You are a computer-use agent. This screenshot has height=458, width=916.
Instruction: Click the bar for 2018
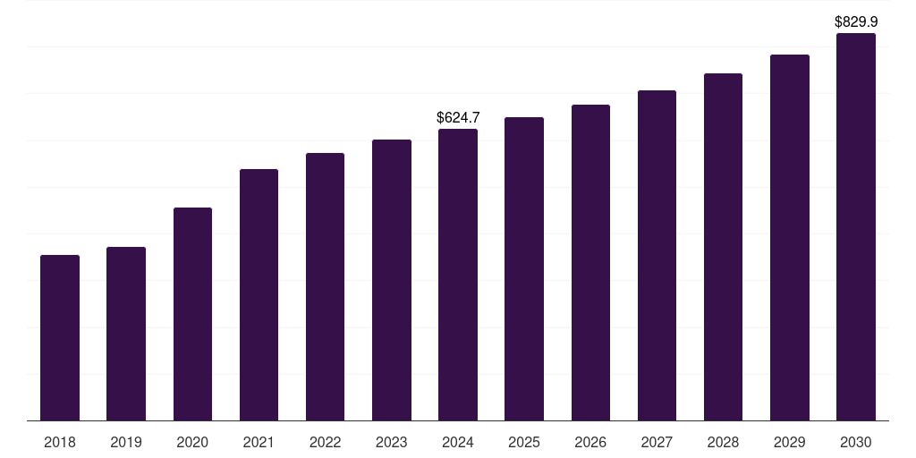tap(60, 338)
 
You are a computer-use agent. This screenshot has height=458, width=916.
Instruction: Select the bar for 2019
tap(126, 334)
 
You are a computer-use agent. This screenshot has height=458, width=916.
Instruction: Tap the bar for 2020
tap(192, 314)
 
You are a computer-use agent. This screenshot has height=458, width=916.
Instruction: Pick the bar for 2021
tap(259, 295)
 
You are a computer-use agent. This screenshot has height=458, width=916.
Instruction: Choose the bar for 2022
tap(325, 287)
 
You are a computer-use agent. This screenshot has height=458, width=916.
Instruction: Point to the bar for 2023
tap(392, 280)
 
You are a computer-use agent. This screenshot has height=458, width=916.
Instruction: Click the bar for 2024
tap(458, 275)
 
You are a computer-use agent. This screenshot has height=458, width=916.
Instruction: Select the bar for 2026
tap(590, 263)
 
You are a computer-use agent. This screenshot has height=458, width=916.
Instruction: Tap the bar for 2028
tap(723, 247)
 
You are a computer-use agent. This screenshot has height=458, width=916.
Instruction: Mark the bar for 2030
tap(856, 227)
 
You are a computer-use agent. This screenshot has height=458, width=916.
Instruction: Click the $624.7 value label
tap(458, 117)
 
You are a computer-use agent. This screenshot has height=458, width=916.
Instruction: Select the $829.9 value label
tap(856, 21)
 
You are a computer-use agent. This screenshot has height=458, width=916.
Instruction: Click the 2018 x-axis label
tap(60, 442)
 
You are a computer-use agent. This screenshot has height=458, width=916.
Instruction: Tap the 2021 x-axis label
tap(259, 442)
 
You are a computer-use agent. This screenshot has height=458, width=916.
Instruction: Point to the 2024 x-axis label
tap(458, 442)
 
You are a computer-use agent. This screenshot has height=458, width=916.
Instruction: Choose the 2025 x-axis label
tap(524, 442)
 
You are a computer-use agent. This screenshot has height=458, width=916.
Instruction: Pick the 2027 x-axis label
tap(657, 442)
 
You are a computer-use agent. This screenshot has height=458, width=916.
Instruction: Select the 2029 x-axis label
tap(790, 442)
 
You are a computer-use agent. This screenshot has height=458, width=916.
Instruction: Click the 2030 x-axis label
tap(856, 442)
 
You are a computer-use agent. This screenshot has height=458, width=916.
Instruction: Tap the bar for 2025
tap(524, 269)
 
